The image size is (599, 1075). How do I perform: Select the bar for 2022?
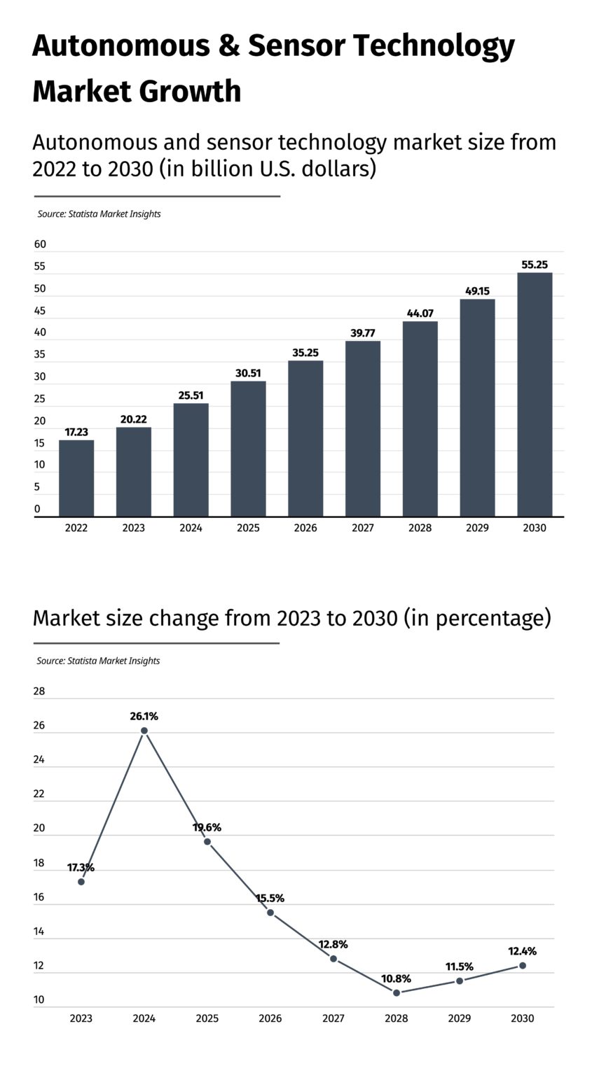click(76, 478)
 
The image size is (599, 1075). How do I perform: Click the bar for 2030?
click(535, 395)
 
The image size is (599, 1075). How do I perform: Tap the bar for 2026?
click(305, 439)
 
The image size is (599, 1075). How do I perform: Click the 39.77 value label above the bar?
click(363, 333)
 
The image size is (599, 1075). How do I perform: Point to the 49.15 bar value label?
click(477, 291)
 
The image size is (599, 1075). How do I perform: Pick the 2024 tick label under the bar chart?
click(191, 528)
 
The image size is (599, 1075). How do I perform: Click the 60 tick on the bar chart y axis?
click(40, 244)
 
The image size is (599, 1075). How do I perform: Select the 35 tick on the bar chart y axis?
click(40, 355)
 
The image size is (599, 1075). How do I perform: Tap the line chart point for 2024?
click(144, 731)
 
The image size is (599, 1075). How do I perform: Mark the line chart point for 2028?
click(397, 992)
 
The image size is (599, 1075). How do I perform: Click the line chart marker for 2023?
click(81, 881)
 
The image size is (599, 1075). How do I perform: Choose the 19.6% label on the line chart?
click(207, 827)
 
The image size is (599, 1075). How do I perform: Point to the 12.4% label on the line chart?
click(522, 951)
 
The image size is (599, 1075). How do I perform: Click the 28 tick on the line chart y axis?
click(39, 691)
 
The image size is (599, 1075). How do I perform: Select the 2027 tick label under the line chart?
click(333, 1019)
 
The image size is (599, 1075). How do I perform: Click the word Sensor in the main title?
click(294, 46)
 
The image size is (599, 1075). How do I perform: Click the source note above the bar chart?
click(99, 214)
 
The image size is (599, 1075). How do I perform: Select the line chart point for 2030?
click(523, 966)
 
